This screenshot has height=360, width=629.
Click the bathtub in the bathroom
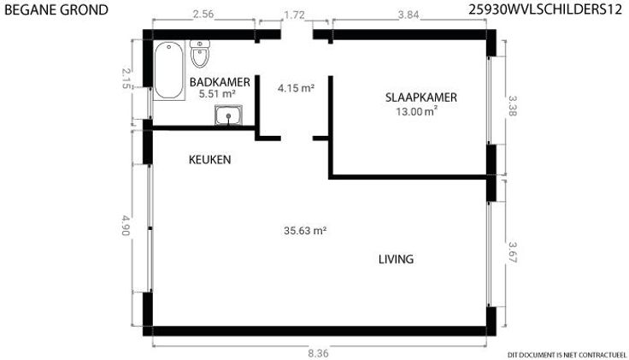pos(169,71)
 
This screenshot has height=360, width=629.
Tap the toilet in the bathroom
pos(199,54)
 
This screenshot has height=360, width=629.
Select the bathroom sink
pos(228,115)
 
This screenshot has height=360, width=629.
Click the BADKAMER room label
pos(220,82)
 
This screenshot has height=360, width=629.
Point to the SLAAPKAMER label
pos(421,97)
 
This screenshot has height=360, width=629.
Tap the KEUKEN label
pos(209,160)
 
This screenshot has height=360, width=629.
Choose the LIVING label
pos(397,259)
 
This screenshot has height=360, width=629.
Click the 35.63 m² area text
pos(305,231)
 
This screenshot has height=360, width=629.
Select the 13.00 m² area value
pos(417,111)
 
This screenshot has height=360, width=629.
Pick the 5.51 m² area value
pos(217,94)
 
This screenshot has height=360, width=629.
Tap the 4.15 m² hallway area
pos(296,88)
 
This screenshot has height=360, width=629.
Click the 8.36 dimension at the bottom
pos(318,353)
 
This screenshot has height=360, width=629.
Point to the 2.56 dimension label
pos(203,15)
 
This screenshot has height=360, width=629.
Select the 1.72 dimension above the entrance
pos(295,15)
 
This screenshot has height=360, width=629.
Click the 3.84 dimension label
pos(409,15)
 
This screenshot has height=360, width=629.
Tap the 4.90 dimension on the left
pos(126,226)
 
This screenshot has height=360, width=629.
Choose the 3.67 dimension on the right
pos(513,252)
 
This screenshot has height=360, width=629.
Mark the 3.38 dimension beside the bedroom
pos(513,105)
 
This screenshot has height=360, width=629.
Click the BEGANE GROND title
pos(56,9)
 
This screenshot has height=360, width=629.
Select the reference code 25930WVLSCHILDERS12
pos(545,9)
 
